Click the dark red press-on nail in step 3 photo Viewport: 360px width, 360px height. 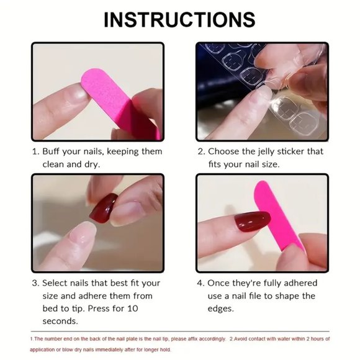point(104,208)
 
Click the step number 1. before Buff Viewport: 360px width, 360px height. point(35,151)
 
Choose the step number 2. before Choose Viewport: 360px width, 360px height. point(201,151)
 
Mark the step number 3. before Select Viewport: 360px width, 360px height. point(35,283)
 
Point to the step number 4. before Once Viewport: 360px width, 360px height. point(201,283)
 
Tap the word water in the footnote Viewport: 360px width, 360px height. point(283,339)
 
